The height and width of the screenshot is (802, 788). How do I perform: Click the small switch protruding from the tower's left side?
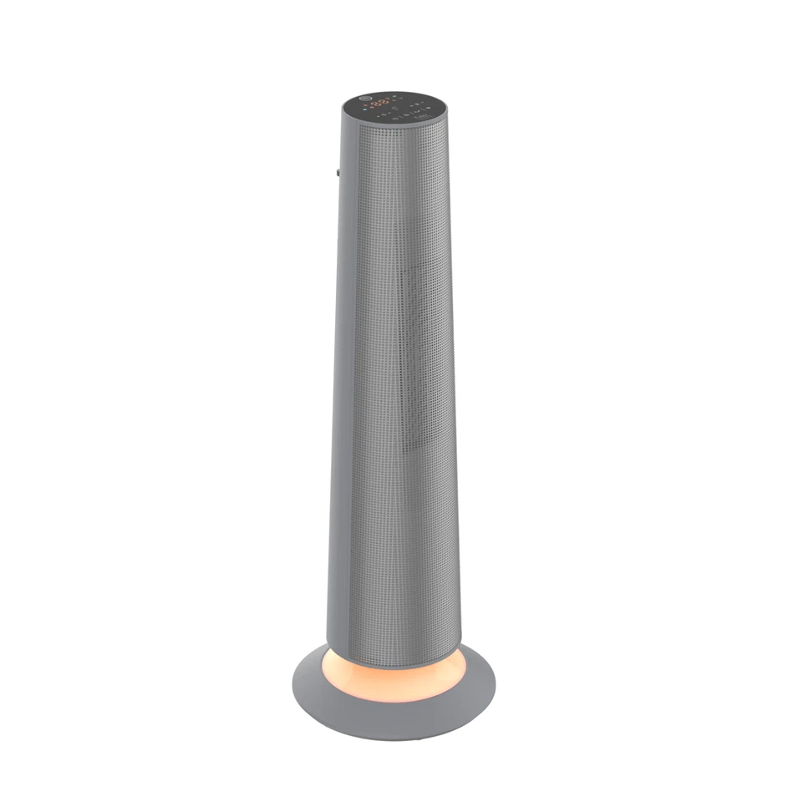338,173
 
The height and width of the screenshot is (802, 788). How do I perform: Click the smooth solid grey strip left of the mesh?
338,376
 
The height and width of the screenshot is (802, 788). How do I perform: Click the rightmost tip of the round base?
495,685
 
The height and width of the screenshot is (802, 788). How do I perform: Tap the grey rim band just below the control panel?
393,125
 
